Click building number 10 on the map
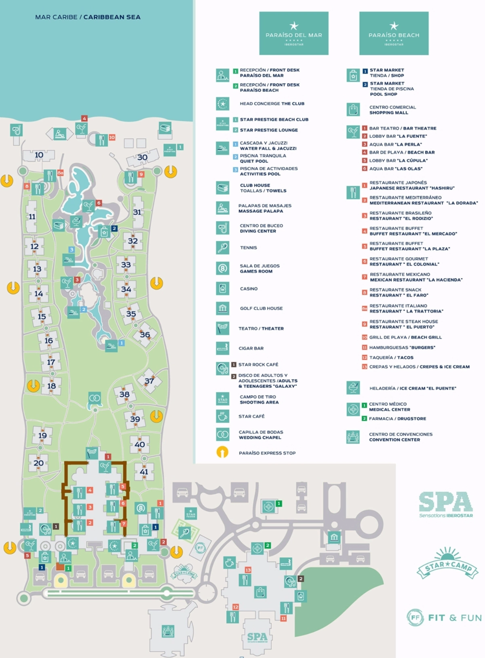point(39,155)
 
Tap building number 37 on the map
point(149,381)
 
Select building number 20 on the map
point(38,463)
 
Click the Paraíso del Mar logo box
point(294,33)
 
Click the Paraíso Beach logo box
point(394,33)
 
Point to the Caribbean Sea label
point(88,17)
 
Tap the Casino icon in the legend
point(222,288)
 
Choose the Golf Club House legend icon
point(222,308)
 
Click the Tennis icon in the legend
point(222,248)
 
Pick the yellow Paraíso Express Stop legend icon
point(222,452)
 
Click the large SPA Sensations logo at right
point(446,504)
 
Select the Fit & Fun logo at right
point(444,618)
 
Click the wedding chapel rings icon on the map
point(95,398)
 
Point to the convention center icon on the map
point(168,630)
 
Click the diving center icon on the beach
point(16,130)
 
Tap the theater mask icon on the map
point(92,453)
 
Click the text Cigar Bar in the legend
point(251,348)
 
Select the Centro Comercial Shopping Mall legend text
point(392,110)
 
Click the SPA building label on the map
point(257,637)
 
